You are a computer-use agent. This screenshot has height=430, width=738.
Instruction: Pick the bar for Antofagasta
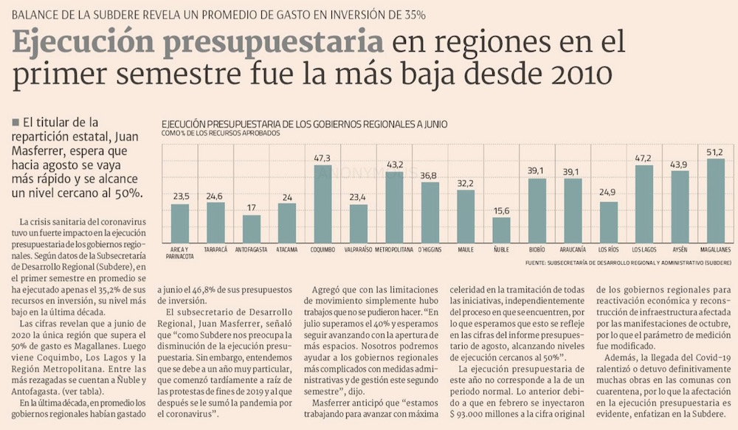[x=252, y=229]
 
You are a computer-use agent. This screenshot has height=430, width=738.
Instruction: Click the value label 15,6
[x=501, y=211]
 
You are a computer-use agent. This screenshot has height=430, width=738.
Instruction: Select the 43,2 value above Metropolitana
[x=394, y=164]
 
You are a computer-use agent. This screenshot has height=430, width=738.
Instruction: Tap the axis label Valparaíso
[x=358, y=250]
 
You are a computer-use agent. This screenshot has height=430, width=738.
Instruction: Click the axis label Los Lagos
[x=644, y=250]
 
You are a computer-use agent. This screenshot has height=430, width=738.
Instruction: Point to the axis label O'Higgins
[x=430, y=250]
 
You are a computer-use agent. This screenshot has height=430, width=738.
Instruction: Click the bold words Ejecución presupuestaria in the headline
[x=197, y=43]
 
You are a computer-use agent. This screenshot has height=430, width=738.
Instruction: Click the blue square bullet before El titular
[x=16, y=122]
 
